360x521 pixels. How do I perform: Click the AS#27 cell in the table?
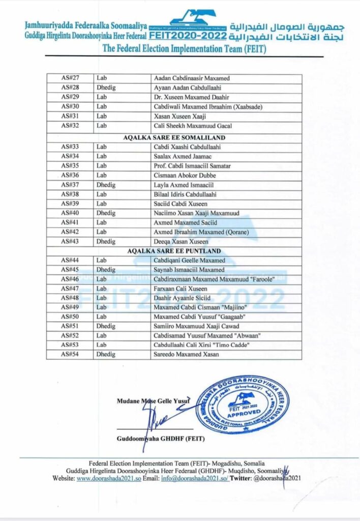click(69, 79)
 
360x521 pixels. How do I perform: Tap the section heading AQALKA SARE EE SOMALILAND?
click(174, 138)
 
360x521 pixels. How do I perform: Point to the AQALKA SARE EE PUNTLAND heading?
click(174, 250)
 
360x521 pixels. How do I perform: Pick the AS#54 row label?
click(69, 354)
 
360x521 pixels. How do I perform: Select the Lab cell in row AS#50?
click(102, 316)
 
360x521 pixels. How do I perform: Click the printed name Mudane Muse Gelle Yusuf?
click(153, 400)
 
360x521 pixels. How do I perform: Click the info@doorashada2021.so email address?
click(191, 479)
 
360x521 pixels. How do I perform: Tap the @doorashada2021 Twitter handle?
click(281, 479)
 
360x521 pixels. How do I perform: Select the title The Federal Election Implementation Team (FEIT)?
click(184, 48)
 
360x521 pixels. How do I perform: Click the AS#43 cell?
click(69, 242)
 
